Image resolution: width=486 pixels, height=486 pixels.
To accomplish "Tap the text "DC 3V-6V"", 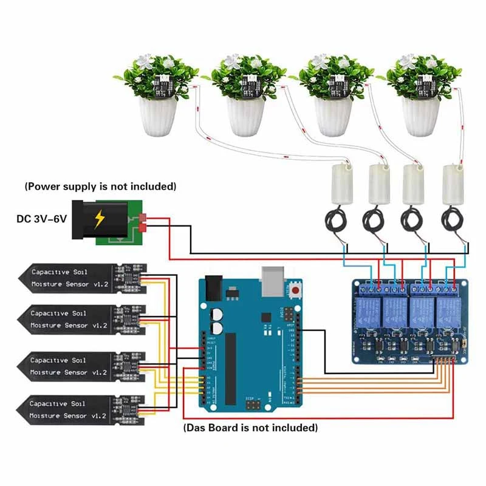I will click(x=41, y=217).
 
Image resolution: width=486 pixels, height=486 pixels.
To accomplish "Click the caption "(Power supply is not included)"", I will click(x=100, y=186).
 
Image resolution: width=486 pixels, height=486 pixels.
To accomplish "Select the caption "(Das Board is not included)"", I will click(x=250, y=428).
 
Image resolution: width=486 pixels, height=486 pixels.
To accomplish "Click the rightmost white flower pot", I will click(x=423, y=117).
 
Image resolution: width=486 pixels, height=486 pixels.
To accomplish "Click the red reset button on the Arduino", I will click(x=296, y=291).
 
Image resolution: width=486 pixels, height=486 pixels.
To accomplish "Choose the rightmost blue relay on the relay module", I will click(x=448, y=310).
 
